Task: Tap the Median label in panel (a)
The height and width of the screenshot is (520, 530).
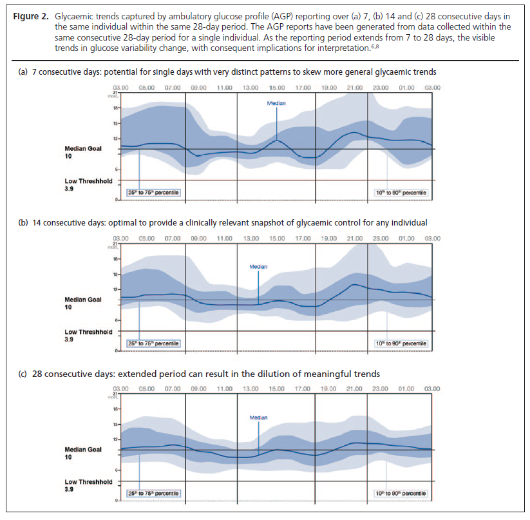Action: (277, 102)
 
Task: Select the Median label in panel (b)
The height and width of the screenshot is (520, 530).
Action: (258, 267)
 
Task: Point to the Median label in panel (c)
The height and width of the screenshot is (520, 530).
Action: (258, 418)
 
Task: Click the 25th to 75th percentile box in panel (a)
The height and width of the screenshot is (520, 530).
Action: (153, 192)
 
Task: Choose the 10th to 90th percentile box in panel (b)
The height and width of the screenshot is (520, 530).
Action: (401, 343)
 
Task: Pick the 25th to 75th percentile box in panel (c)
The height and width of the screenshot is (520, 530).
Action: (153, 493)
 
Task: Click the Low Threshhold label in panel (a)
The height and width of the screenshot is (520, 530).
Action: (88, 181)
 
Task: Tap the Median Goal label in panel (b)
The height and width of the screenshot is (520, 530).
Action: (83, 300)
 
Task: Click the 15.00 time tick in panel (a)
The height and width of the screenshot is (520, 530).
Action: (277, 87)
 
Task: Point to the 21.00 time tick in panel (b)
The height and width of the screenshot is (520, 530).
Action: (354, 238)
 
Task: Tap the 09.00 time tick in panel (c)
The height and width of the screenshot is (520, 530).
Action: (198, 389)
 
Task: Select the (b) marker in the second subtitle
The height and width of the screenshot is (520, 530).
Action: (23, 222)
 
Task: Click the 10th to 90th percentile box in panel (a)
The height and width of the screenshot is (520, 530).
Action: (401, 192)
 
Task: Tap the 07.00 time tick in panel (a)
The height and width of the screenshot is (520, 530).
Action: (173, 87)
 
